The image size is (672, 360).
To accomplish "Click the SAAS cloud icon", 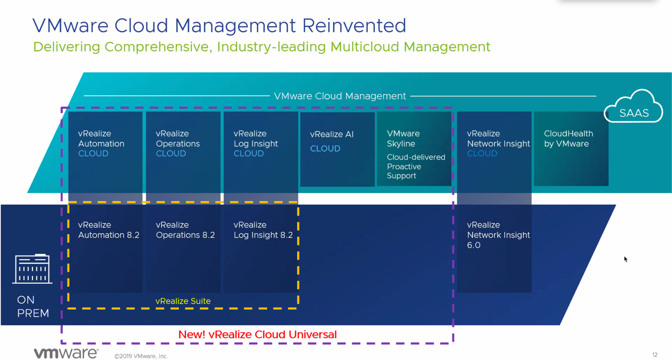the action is point(634,106).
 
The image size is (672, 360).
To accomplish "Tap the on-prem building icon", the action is point(32,269).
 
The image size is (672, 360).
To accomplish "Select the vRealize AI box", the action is point(338,149).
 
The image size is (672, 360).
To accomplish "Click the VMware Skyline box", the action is point(414,149).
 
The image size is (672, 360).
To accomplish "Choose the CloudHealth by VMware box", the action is point(571,149).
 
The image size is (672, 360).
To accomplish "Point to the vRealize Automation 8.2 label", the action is point(109,230).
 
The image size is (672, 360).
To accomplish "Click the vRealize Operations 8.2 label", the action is point(186,230).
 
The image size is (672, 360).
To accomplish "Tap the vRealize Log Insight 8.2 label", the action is point(263,230).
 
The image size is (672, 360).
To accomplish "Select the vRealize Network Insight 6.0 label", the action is point(498,235).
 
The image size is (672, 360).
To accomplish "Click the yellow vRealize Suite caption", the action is point(183,301).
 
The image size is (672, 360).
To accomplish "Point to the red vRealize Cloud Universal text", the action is point(258,334).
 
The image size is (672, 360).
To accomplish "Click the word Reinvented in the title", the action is point(354,26).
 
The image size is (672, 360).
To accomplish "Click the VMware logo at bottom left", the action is point(66,353).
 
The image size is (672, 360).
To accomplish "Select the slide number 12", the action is point(654,354).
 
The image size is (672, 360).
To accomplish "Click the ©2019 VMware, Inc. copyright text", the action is point(141,356).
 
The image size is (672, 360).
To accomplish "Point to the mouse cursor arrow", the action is point(626,259).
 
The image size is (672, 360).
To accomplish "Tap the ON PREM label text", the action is point(33,306).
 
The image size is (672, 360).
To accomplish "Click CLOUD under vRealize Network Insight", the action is point(482,153).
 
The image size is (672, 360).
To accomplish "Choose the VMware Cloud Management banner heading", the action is point(340,96).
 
